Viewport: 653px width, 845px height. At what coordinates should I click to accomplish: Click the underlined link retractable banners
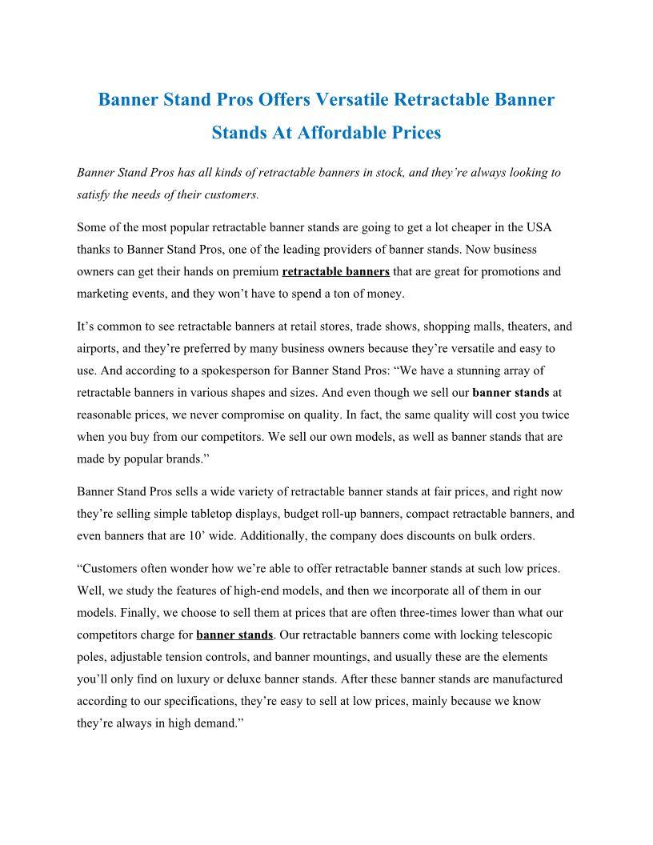click(x=336, y=271)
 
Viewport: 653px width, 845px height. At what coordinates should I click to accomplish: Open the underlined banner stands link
click(x=234, y=635)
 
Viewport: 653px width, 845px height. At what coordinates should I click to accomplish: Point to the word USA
click(x=539, y=227)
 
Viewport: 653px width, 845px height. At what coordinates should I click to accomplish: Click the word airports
click(x=99, y=349)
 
